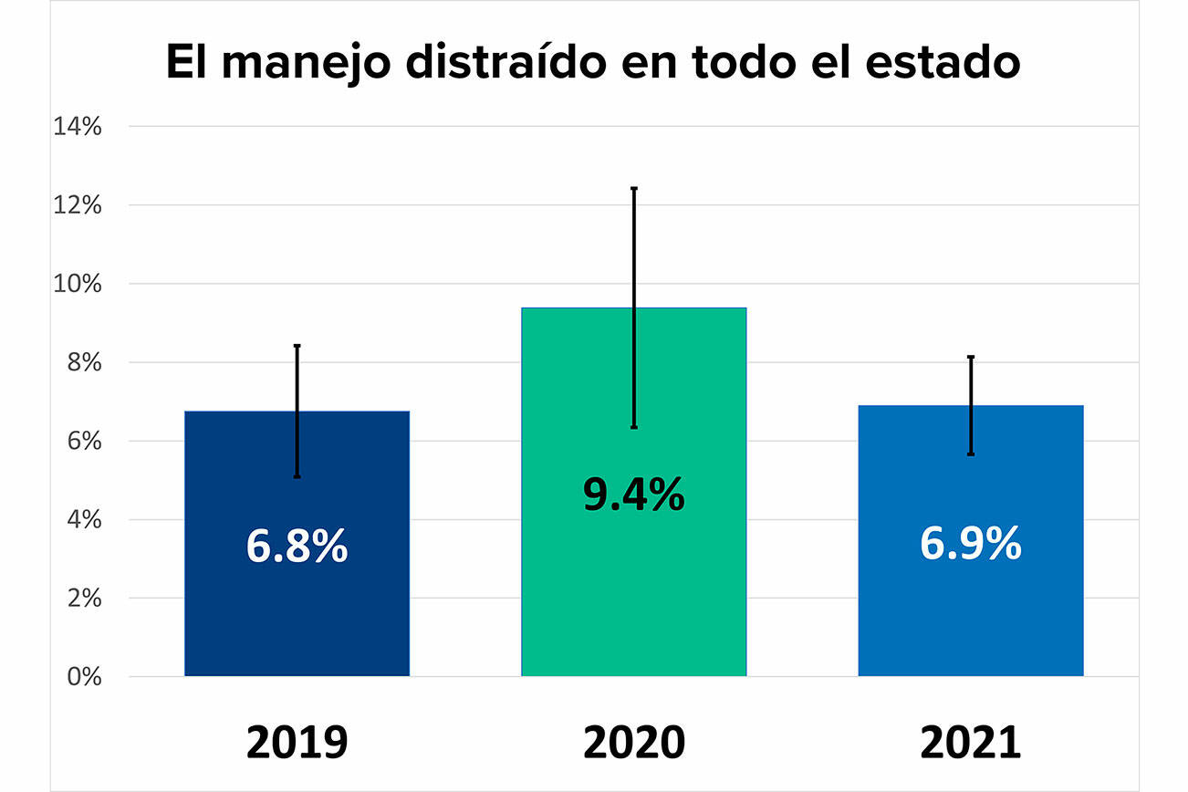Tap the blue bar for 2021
(970, 620)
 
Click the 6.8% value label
(297, 546)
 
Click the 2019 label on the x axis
(297, 742)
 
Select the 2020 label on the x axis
(633, 742)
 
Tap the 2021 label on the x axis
(970, 742)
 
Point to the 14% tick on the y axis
(78, 127)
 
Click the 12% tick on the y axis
(78, 205)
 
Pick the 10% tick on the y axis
(78, 284)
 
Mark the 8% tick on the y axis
(83, 362)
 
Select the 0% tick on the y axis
(83, 677)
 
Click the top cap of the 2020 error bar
(633, 188)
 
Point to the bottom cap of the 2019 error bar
(297, 476)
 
